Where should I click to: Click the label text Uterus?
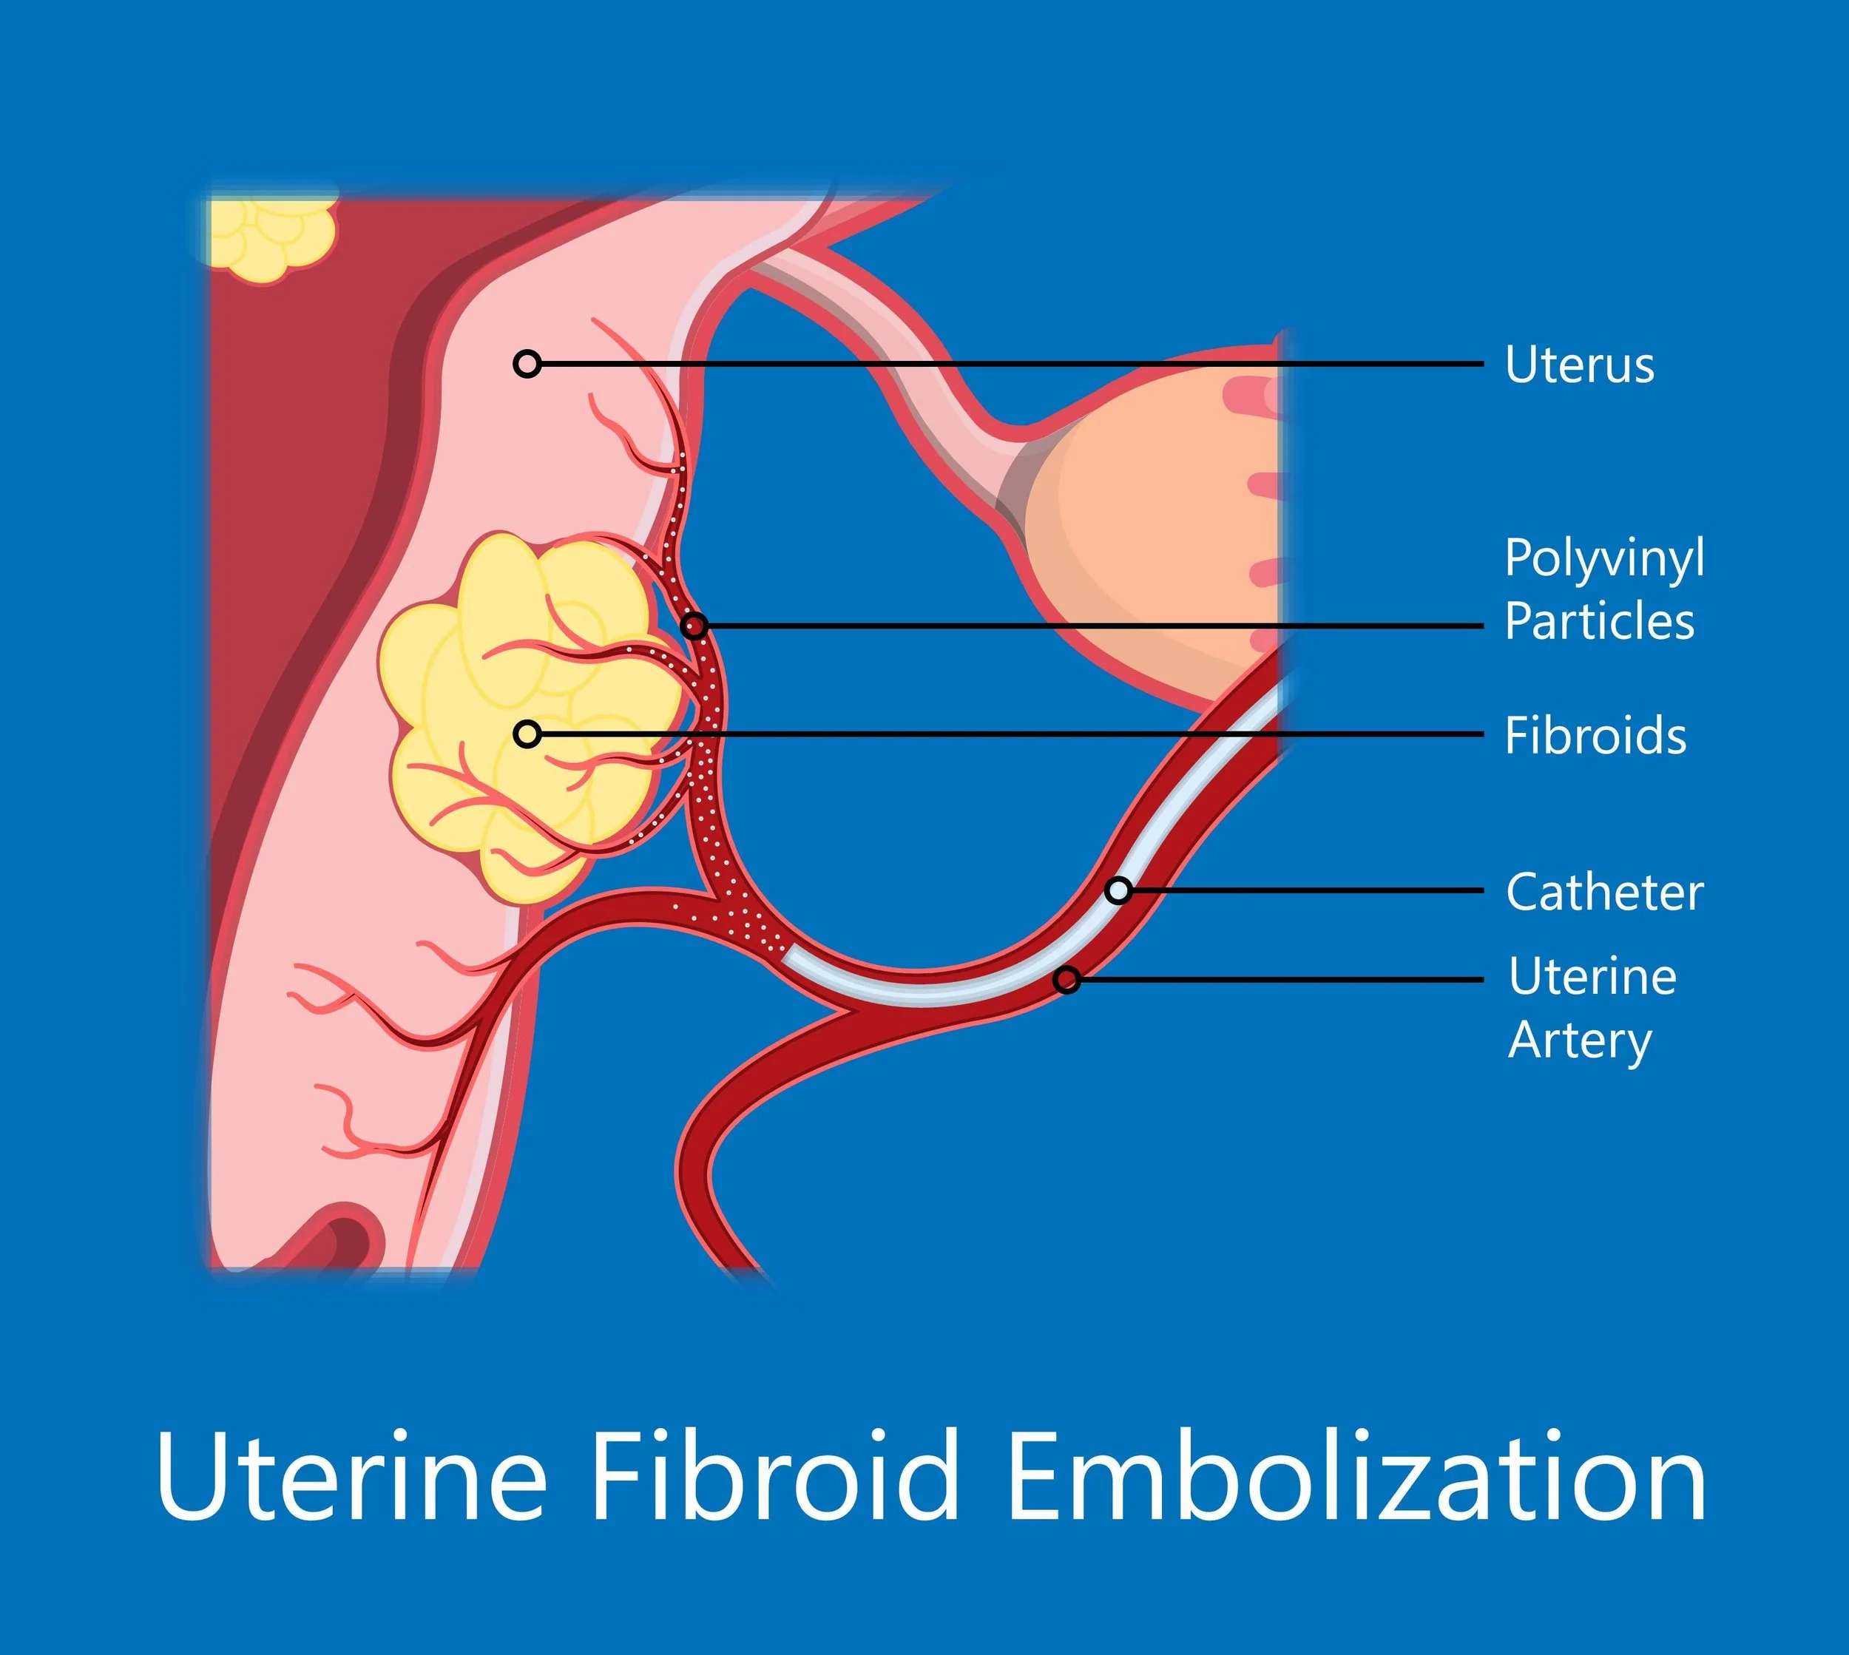point(1579,365)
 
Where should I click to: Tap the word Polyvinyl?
point(1604,559)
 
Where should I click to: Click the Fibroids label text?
point(1595,735)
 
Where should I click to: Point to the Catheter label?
point(1604,892)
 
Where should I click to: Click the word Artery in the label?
point(1580,1041)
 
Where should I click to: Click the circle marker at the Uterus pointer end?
point(527,364)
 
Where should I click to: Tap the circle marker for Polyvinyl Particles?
point(694,626)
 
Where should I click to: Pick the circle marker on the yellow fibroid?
point(527,734)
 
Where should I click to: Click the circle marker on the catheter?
point(1119,890)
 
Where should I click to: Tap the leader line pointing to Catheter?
point(1310,890)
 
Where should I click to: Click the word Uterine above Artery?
point(1592,978)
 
